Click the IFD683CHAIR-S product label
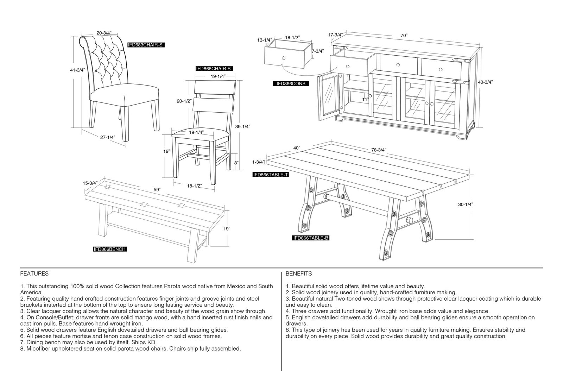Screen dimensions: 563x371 [x=146, y=45]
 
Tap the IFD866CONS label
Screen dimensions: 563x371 [x=291, y=84]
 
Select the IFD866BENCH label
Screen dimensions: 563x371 [x=109, y=249]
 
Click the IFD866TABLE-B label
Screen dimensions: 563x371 [x=311, y=238]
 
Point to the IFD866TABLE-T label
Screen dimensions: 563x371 [x=271, y=175]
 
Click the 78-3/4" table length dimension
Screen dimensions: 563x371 [x=379, y=150]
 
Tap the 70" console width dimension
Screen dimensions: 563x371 [x=404, y=36]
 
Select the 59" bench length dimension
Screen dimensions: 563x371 [x=157, y=189]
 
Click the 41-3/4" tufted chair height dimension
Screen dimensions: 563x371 [x=77, y=70]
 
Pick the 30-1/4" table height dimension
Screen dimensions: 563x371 [x=466, y=205]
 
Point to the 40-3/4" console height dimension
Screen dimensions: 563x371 [x=485, y=82]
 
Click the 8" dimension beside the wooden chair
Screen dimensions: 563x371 [x=236, y=163]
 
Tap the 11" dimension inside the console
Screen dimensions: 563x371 [x=365, y=100]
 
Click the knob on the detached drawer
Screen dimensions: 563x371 [x=284, y=58]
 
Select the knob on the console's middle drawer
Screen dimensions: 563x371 [x=398, y=65]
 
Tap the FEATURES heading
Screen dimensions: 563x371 [x=34, y=273]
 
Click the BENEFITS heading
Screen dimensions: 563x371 [x=299, y=273]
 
